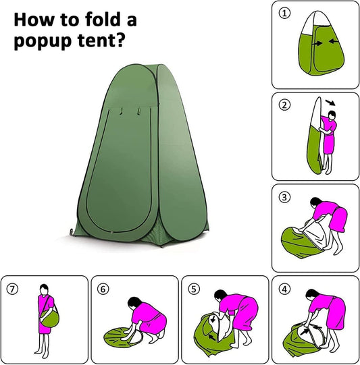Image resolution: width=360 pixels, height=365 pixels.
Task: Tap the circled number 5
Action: (193, 289)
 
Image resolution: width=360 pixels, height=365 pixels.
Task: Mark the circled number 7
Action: (13, 289)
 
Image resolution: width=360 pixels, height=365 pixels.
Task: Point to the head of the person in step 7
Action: (44, 290)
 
